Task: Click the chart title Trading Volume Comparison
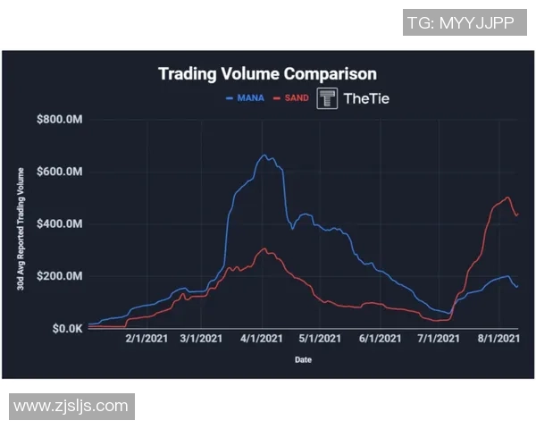pos(267,74)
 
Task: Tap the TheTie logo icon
pos(328,98)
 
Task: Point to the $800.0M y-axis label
pos(60,120)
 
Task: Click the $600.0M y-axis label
pos(60,172)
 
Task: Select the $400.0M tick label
pos(60,223)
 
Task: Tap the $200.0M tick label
pos(60,276)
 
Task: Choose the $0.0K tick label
pos(65,328)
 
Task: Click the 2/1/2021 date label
pos(146,340)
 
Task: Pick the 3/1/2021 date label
pos(201,340)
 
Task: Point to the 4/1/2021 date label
pos(263,340)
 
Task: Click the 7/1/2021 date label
pos(438,340)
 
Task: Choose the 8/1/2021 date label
pos(498,340)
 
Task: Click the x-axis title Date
pos(304,360)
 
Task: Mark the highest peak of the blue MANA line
pos(264,155)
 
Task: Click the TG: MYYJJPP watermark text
pos(460,23)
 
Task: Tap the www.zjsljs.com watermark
pos(71,406)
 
